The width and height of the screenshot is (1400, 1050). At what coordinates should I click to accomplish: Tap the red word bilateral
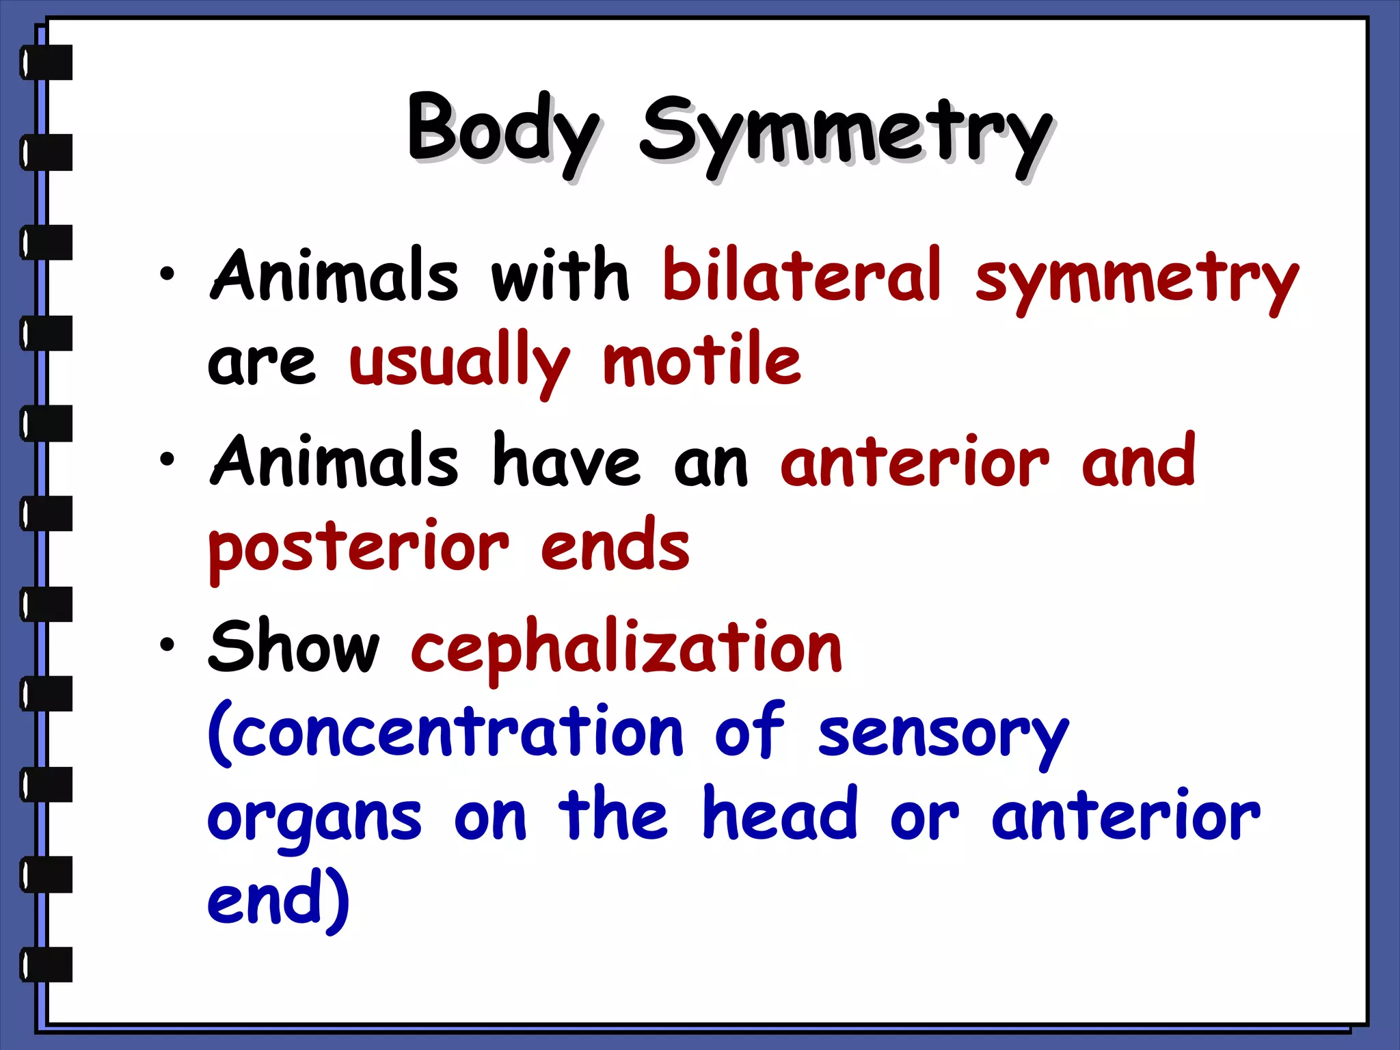click(x=802, y=275)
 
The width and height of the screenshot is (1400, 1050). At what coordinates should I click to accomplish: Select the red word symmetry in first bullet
click(x=1136, y=280)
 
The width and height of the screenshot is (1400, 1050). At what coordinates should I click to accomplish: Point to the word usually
click(x=459, y=362)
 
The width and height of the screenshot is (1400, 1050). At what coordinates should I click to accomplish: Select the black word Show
click(x=294, y=646)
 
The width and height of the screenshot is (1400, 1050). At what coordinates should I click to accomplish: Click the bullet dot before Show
click(x=167, y=644)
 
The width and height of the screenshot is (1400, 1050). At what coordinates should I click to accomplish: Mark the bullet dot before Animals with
click(x=167, y=274)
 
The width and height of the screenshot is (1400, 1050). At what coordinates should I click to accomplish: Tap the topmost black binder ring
click(x=46, y=62)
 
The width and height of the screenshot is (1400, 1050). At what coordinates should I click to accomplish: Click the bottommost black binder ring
click(x=46, y=965)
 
